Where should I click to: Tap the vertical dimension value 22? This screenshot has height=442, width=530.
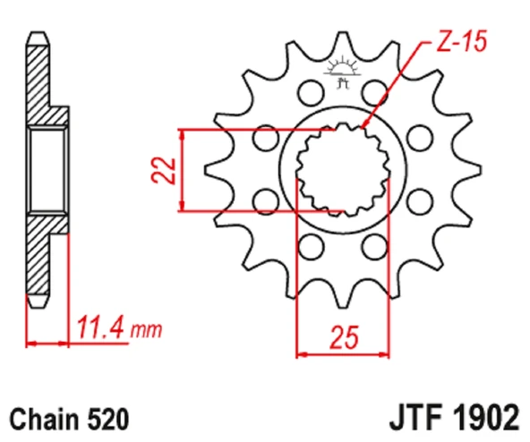point(161,170)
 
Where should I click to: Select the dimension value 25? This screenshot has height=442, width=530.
point(344,337)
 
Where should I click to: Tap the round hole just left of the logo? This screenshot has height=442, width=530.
point(311,91)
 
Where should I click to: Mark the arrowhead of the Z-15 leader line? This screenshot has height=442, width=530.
point(363,128)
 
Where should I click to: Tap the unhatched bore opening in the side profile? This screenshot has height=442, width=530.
point(47,170)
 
